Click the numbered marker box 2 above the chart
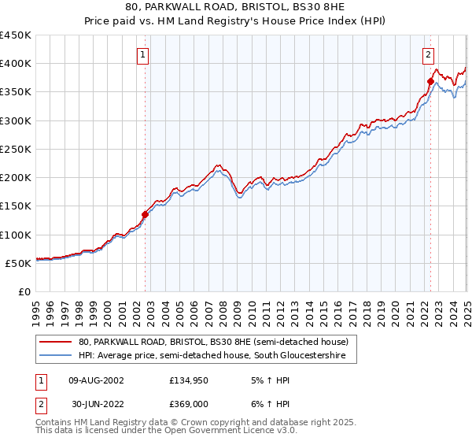tap(429, 55)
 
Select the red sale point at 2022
tap(430, 81)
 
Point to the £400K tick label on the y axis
tap(16, 64)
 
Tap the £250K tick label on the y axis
tap(16, 150)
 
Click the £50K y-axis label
tap(19, 263)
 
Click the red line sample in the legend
tap(56, 342)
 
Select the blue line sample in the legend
tap(56, 357)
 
